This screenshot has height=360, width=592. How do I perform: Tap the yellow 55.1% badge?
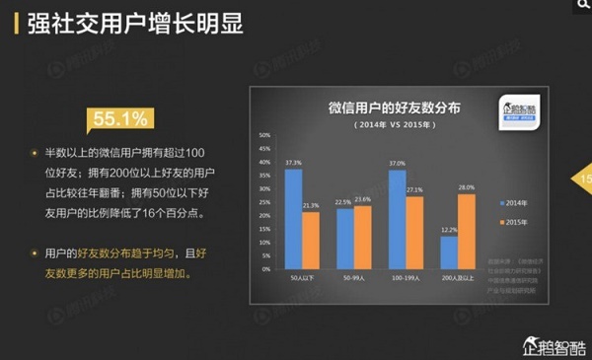coord(120,120)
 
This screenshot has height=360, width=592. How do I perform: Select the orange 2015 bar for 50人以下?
coord(311,241)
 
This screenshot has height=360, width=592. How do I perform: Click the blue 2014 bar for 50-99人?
coord(344,239)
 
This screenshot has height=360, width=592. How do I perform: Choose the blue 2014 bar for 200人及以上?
coord(449,252)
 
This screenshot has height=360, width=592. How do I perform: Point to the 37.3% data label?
coord(293,161)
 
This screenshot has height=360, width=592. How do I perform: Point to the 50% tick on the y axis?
coord(264,134)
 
